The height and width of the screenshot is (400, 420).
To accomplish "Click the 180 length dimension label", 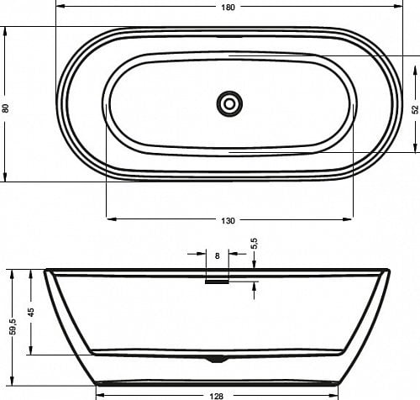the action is click(228, 8).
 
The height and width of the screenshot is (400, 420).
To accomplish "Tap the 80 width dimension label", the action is click(6, 108).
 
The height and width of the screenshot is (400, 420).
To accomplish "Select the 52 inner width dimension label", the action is click(415, 109).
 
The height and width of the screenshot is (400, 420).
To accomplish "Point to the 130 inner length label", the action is click(228, 221).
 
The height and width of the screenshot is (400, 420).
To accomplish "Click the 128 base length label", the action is click(217, 396).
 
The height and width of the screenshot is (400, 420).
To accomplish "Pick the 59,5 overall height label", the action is click(13, 327).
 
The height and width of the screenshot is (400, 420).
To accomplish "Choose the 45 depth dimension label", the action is click(31, 312).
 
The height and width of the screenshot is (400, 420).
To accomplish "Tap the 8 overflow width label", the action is click(218, 255).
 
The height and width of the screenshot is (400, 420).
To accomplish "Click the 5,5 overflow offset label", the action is click(255, 243).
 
